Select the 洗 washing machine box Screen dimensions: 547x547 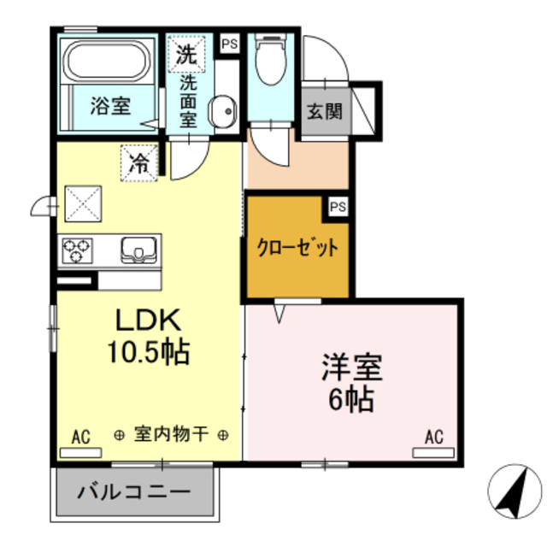[186, 55]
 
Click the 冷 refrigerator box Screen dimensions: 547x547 [138, 163]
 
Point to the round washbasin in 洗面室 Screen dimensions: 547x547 [224, 110]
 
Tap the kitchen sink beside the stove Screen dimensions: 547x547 [138, 250]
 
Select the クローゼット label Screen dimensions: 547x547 [297, 249]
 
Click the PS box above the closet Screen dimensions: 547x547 [338, 206]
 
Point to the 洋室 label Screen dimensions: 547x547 [351, 368]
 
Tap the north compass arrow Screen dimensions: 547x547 [515, 493]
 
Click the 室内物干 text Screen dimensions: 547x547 [171, 435]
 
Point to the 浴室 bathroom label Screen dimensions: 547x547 [110, 106]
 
